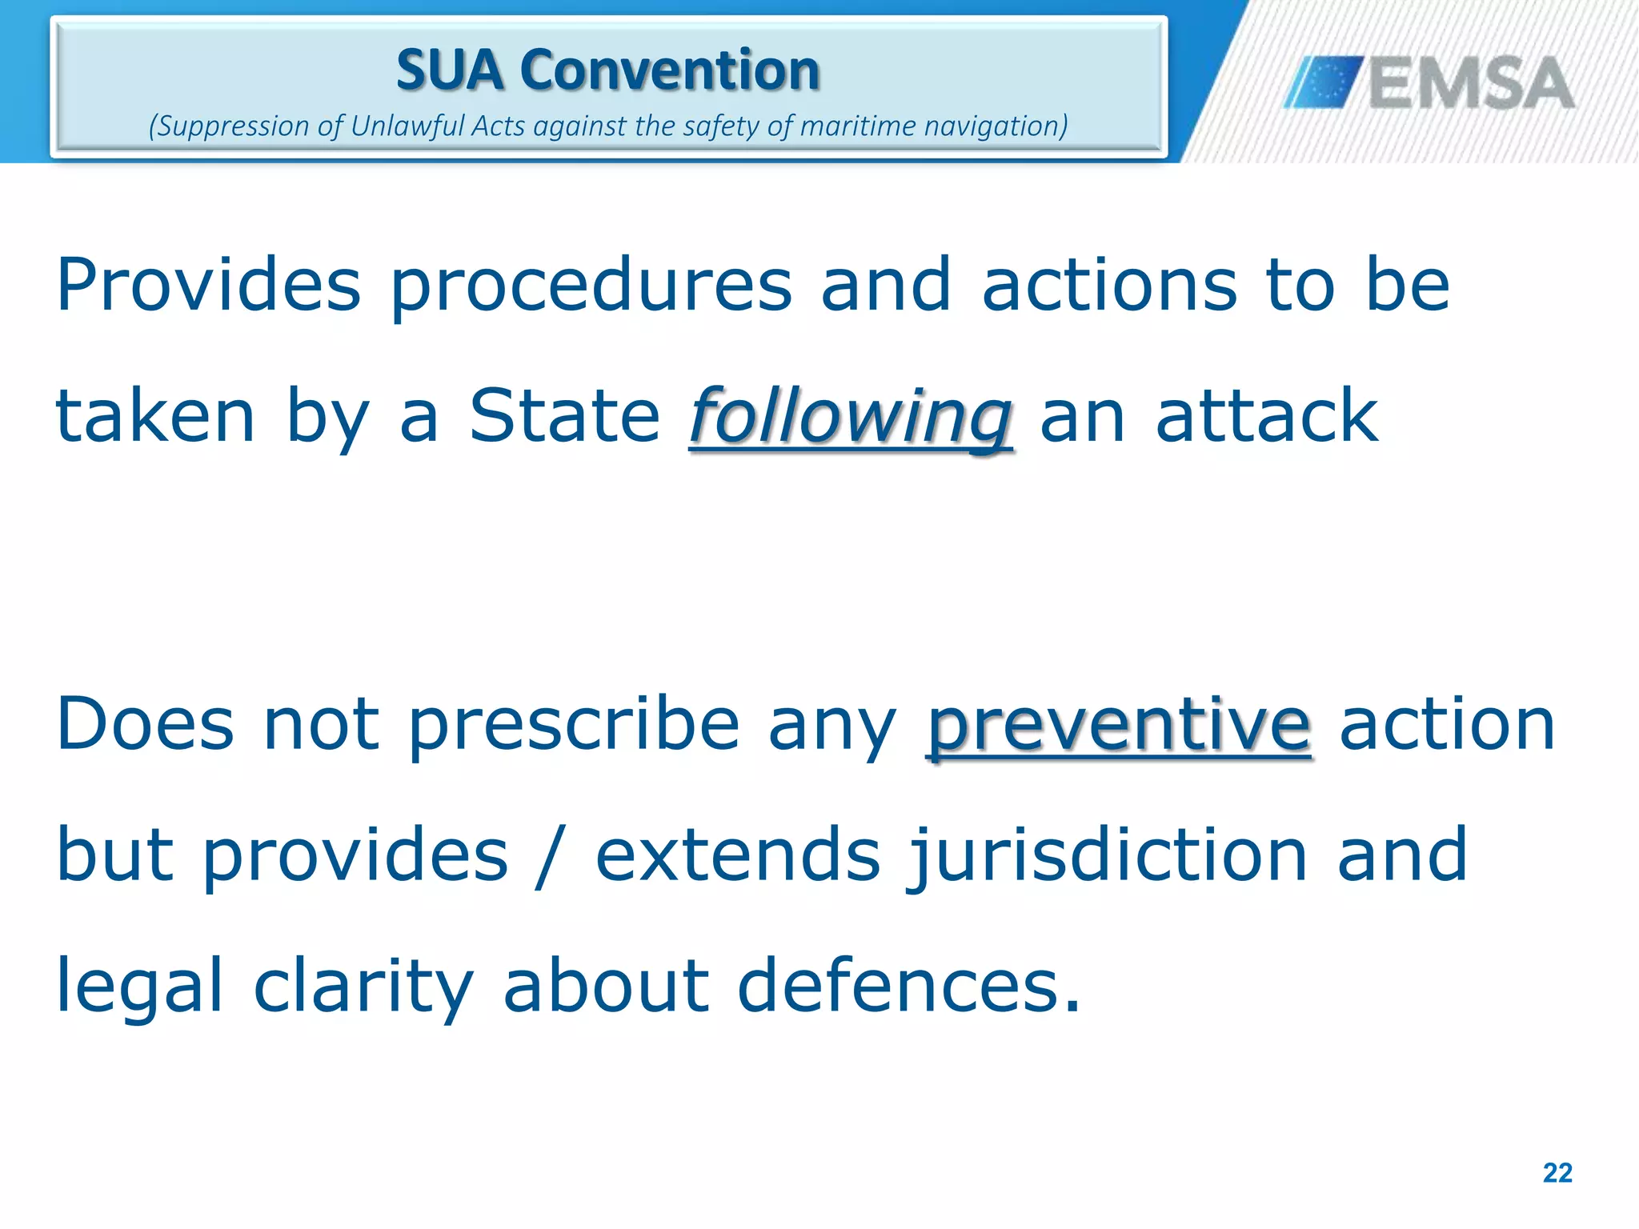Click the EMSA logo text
click(x=1471, y=83)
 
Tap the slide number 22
click(x=1557, y=1173)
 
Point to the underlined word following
click(x=851, y=418)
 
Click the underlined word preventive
click(x=1119, y=725)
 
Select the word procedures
click(x=591, y=286)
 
